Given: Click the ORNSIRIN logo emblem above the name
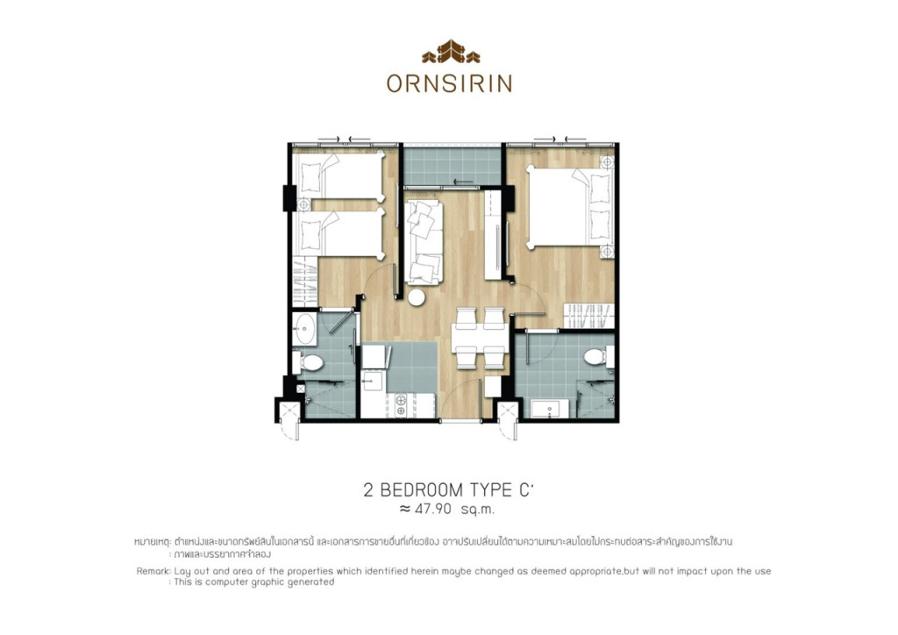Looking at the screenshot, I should tap(451, 54).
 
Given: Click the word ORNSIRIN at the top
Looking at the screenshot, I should tap(449, 83).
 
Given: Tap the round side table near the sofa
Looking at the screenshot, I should tap(417, 297).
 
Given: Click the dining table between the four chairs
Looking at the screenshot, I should tap(479, 336).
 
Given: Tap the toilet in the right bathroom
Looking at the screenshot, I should tap(595, 358).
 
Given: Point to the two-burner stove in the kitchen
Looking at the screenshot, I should tap(401, 405).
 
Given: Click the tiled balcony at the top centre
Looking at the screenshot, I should tap(451, 166).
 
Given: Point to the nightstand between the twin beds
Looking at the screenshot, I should tap(303, 204).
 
